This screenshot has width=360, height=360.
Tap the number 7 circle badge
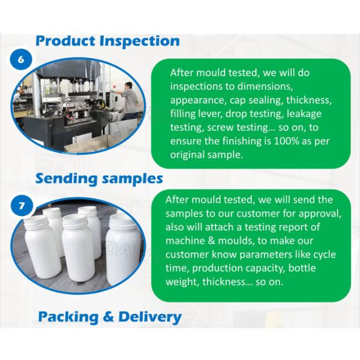click(x=20, y=205)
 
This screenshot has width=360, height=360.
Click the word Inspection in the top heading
click(x=139, y=41)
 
